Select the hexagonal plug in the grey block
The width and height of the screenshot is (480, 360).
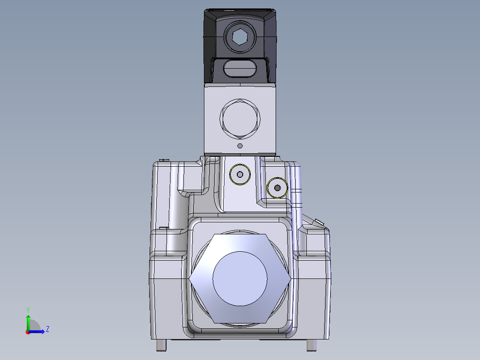(240, 118)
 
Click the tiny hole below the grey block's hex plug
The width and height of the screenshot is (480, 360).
(240, 146)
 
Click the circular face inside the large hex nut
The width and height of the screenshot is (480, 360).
(240, 278)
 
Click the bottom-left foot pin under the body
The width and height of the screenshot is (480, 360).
(161, 345)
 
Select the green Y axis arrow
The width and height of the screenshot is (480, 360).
(28, 320)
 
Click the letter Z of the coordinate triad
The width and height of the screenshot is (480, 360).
(47, 329)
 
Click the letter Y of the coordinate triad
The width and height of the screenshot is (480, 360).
(28, 309)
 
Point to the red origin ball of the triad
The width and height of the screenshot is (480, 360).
(28, 331)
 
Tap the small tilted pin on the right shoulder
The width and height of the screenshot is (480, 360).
(319, 221)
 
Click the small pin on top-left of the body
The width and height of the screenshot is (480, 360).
(164, 160)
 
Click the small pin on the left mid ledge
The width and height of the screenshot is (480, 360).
(163, 228)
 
